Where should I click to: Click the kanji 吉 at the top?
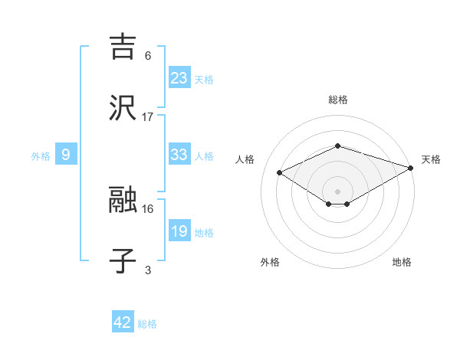tap(123, 46)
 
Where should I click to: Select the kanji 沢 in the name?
tap(123, 107)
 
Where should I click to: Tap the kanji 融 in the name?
tap(123, 201)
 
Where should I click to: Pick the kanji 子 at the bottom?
tap(123, 261)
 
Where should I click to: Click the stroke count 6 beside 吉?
tap(148, 55)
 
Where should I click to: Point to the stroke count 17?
tap(148, 116)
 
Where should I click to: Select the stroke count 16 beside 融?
tap(148, 208)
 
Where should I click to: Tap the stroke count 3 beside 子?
tap(148, 270)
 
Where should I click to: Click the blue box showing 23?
tap(179, 78)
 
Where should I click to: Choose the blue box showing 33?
tap(179, 155)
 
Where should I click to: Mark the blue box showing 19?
tap(179, 231)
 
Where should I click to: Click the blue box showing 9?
tap(66, 155)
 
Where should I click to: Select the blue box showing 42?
tap(123, 322)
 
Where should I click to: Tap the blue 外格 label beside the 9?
tap(41, 155)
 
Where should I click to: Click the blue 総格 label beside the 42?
tap(147, 324)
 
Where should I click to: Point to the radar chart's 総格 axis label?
tap(337, 100)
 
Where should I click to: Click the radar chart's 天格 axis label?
tap(431, 159)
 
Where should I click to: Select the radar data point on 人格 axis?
tap(279, 172)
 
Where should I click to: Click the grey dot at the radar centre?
tap(337, 190)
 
